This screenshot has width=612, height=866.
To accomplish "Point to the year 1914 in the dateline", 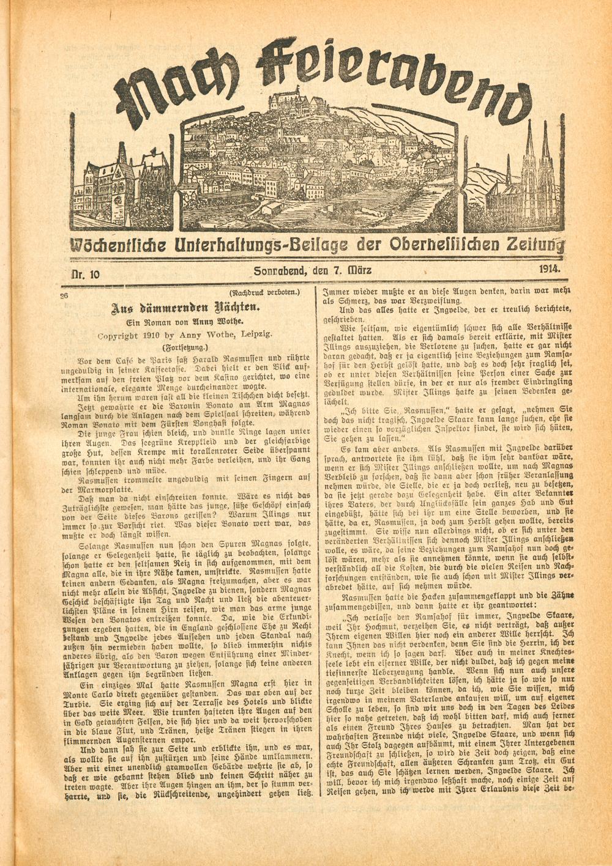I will click(x=551, y=267).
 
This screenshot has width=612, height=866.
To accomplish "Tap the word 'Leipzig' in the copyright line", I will click(x=256, y=334).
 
